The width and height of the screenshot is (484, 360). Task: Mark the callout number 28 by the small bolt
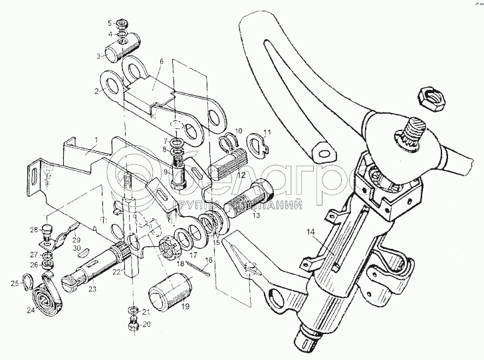pyautogui.click(x=33, y=230)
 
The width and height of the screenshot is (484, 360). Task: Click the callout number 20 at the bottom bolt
pyautogui.click(x=147, y=326)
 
